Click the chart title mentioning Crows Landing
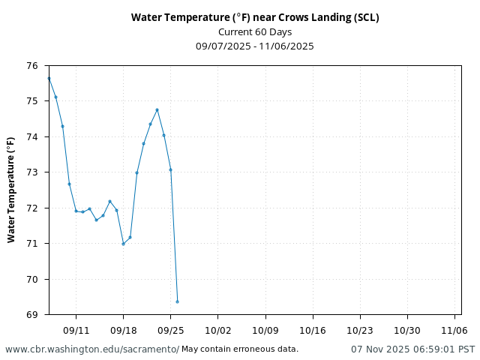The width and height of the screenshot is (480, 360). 255,17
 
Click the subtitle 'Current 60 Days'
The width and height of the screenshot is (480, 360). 255,31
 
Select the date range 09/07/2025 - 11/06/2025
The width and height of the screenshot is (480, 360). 255,46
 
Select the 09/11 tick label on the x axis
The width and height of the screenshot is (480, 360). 76,330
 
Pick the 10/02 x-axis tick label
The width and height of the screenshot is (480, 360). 217,330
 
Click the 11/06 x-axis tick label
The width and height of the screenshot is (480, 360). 454,330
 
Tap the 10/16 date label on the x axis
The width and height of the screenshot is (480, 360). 312,330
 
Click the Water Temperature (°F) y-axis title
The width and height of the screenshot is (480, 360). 11,190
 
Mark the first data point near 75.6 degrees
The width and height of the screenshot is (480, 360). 49,78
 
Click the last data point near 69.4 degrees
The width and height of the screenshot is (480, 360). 177,301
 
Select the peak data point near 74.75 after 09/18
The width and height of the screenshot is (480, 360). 157,109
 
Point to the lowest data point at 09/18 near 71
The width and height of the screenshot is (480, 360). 123,244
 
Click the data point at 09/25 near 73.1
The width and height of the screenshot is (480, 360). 170,169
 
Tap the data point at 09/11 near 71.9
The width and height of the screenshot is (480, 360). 76,211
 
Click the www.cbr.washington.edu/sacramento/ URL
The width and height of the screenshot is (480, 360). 92,349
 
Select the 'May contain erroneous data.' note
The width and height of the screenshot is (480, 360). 240,349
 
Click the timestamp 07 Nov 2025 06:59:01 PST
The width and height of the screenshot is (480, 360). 412,349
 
